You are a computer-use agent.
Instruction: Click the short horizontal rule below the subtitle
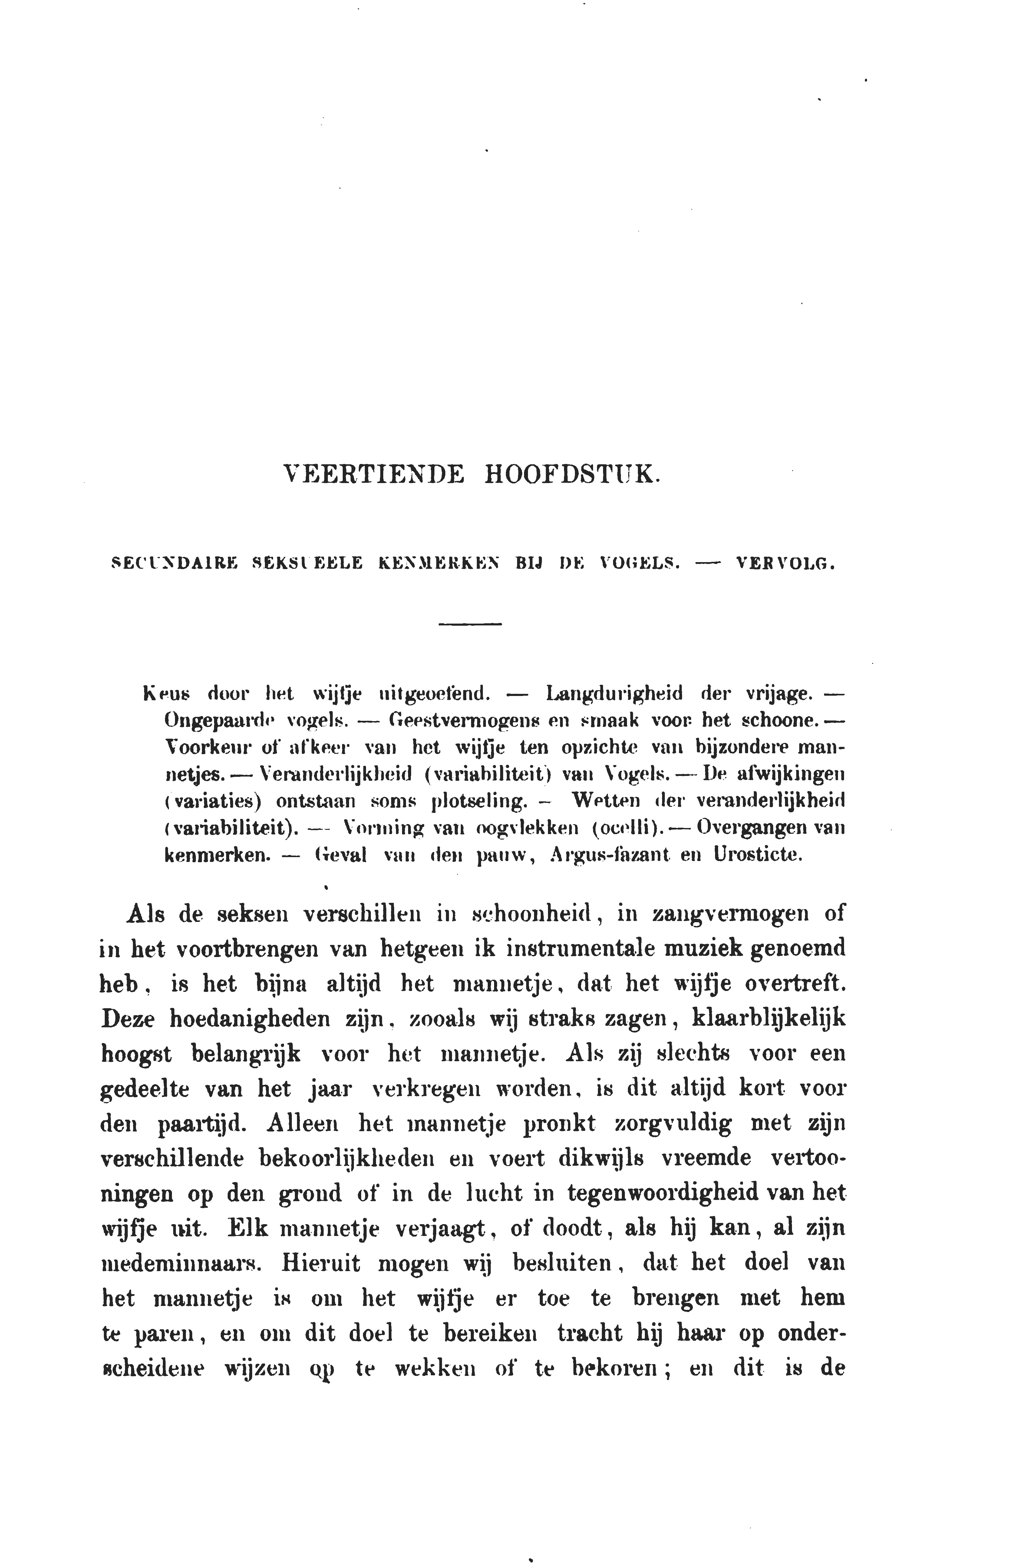pos(470,624)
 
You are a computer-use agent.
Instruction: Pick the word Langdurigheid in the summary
pos(615,693)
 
